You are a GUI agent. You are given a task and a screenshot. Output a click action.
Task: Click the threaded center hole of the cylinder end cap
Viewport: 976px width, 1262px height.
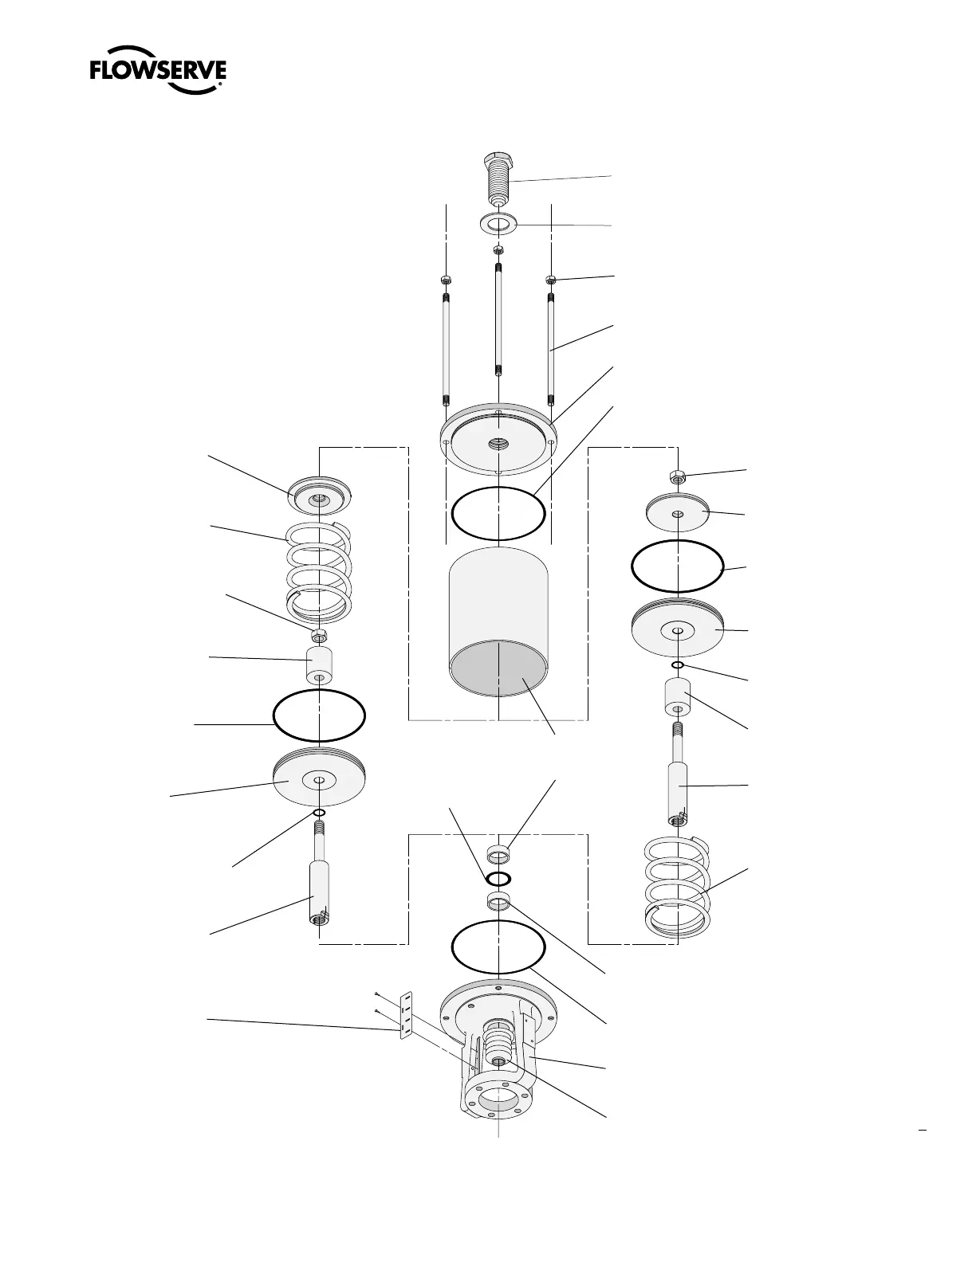[x=498, y=442]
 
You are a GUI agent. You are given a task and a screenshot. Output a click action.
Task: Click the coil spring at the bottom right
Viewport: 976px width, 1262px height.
[x=677, y=884]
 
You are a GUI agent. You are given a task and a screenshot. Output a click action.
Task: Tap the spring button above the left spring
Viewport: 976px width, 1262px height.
[x=319, y=498]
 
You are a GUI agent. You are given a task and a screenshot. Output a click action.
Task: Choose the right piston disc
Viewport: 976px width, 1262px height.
[x=677, y=629]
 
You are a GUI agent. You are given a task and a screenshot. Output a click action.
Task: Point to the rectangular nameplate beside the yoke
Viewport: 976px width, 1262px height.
[x=406, y=1017]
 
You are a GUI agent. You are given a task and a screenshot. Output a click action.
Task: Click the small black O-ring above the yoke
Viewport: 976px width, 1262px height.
[x=498, y=879]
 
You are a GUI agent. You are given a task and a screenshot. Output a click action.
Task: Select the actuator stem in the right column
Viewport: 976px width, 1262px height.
[x=679, y=789]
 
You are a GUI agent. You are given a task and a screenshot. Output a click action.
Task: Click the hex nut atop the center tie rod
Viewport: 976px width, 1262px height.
[x=498, y=250]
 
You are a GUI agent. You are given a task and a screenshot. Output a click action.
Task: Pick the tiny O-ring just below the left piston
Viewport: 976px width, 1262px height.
[x=319, y=812]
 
